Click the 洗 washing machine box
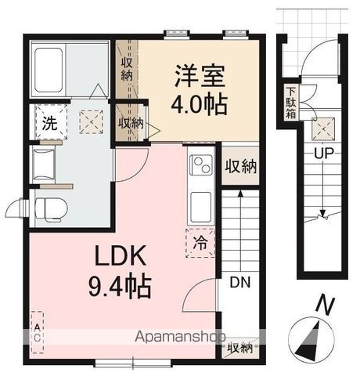[49, 122]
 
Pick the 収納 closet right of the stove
[240, 166]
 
